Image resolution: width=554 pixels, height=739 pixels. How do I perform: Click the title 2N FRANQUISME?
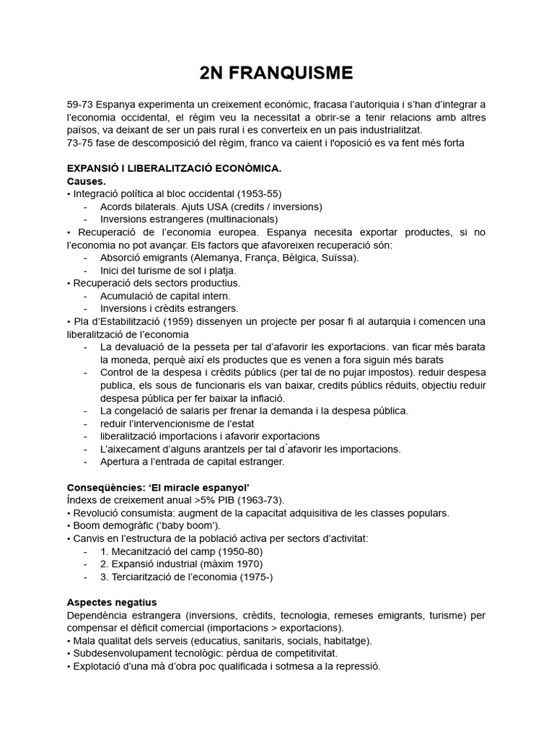276,72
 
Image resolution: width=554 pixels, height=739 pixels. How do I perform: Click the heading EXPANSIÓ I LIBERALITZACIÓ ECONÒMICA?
174,168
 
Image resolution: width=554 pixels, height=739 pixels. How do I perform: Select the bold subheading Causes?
86,181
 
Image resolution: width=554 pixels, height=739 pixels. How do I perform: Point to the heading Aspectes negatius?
112,602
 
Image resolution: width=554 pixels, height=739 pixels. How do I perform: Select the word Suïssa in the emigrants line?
340,258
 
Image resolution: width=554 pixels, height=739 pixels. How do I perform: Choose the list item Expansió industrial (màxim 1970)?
181,564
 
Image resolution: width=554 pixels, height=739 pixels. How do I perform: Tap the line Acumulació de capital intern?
165,296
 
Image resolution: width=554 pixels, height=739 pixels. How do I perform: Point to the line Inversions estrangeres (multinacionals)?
189,219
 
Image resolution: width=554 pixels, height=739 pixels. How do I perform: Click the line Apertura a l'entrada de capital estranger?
193,461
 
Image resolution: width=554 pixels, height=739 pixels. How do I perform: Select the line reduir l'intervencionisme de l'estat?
177,424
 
